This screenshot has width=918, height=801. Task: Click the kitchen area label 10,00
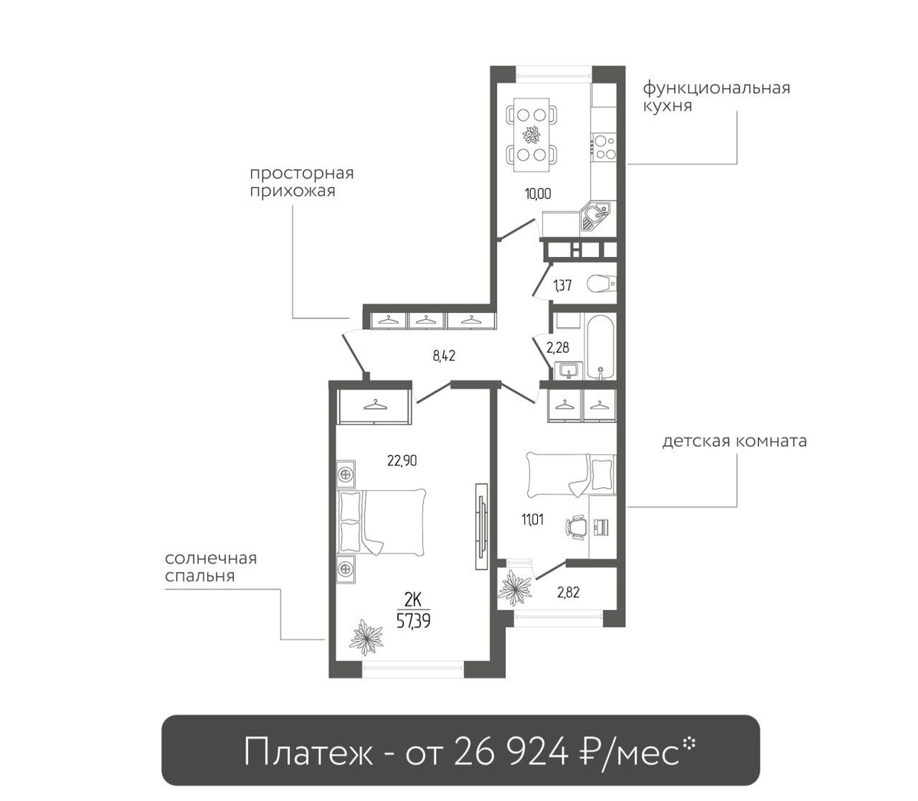coord(538,194)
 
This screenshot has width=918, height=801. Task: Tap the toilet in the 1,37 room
coord(601,284)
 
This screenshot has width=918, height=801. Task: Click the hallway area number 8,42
coord(444,357)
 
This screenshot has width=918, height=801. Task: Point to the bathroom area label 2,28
coord(558,347)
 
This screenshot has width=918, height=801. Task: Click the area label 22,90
coord(402,461)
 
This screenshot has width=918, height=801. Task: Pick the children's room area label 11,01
coord(532,519)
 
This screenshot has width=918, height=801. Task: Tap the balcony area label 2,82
coord(568,593)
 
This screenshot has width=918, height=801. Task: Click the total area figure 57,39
coord(413,620)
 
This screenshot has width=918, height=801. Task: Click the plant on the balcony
coord(516,588)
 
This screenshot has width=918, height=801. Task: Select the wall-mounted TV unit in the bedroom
coord(481,526)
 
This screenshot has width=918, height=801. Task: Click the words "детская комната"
coord(734,441)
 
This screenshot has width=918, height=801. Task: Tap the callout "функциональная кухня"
coord(717,96)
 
